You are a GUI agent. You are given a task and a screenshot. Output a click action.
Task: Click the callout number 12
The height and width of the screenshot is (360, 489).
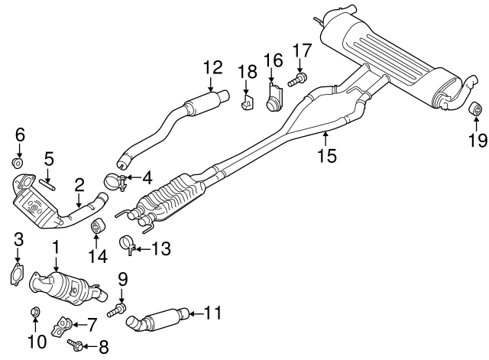coord(212,67)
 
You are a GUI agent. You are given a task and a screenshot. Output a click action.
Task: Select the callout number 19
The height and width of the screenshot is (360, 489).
coord(477,140)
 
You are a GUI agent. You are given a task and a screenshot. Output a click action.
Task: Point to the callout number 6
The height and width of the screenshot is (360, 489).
coord(20,134)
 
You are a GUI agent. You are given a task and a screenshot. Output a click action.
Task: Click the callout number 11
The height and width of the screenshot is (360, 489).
coord(213,312)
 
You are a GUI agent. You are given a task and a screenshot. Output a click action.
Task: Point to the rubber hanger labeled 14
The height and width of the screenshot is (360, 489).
coord(98,227)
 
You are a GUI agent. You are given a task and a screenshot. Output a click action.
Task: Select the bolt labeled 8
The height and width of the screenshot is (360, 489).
coord(76,345)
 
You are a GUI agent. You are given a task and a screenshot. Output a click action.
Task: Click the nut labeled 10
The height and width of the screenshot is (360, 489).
coord(34,312)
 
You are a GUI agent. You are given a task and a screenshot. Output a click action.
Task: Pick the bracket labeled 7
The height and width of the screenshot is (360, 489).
coord(63,328)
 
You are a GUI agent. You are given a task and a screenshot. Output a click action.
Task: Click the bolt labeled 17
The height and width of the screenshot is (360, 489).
coord(297,79)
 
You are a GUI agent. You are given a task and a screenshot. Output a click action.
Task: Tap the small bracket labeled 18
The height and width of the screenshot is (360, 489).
coord(247,102)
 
